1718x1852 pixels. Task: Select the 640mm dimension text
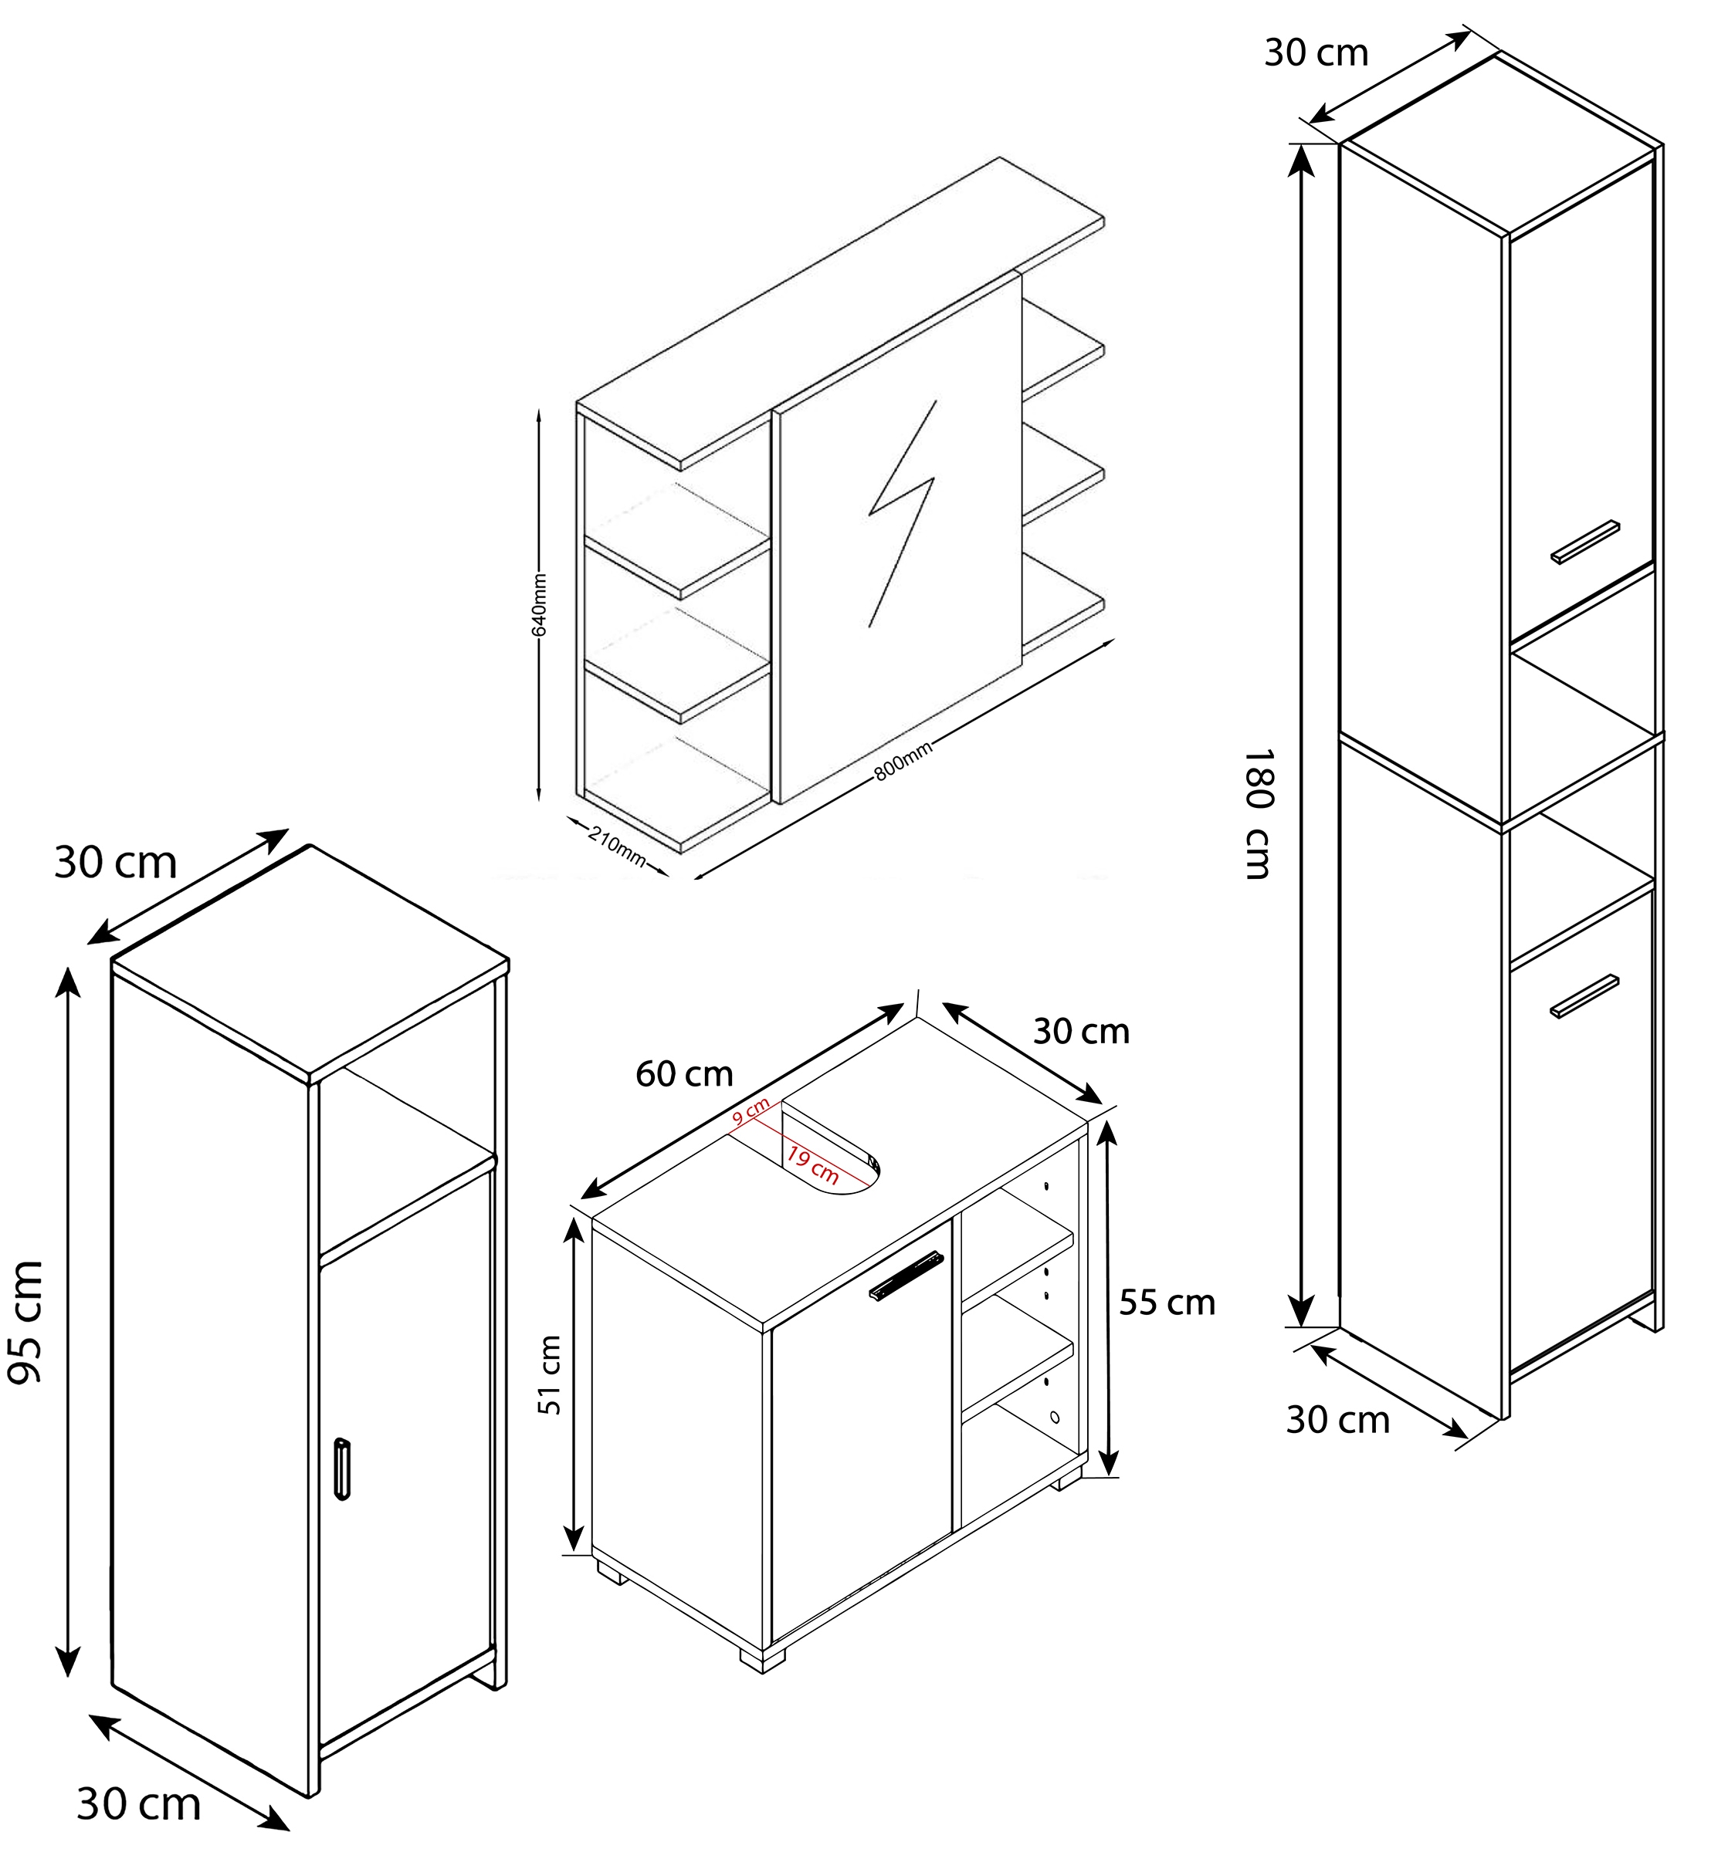click(539, 605)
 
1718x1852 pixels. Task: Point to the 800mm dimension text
click(903, 761)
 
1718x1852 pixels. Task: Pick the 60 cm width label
click(684, 1074)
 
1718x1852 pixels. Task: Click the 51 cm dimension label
click(551, 1374)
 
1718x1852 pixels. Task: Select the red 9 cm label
click(751, 1111)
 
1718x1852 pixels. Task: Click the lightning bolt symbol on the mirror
click(902, 513)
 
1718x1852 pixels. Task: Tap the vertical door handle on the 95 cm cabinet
click(342, 1469)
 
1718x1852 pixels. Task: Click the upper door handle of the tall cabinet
click(1585, 542)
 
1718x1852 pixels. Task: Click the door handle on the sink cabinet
click(906, 1276)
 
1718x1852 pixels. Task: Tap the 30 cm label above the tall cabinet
click(1316, 53)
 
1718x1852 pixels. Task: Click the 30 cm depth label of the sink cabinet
click(1081, 1032)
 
